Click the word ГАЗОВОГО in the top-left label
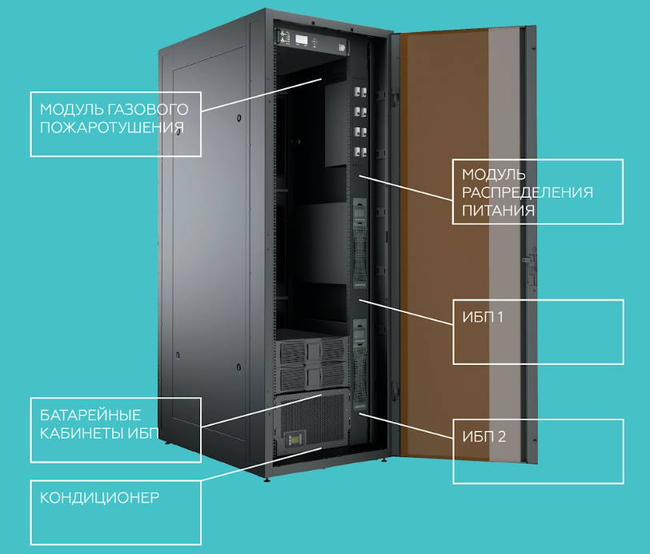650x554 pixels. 148,110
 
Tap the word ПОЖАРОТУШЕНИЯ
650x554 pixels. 112,127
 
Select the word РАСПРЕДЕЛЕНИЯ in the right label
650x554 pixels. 528,192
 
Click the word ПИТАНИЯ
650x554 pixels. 498,211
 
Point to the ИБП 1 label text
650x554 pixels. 483,317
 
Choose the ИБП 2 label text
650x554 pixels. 483,436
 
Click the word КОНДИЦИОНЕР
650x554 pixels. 99,498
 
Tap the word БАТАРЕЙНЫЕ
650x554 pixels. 90,415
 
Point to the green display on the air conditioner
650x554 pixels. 293,440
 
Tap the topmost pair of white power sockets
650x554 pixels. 361,92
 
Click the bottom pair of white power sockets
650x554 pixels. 361,152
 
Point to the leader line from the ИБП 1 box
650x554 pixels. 406,312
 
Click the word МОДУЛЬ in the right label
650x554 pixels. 494,175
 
